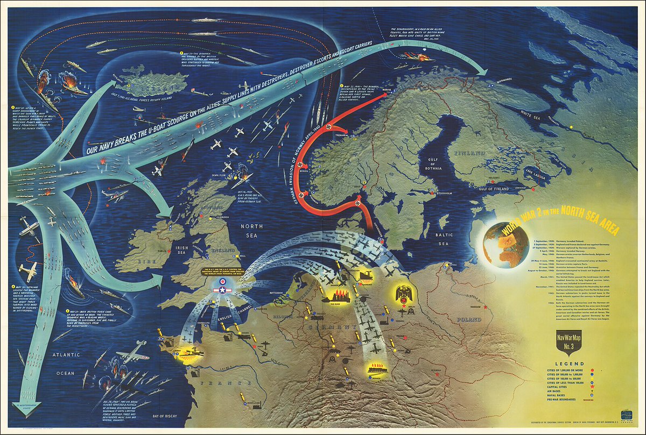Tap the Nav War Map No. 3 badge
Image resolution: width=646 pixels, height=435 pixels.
coord(563,340)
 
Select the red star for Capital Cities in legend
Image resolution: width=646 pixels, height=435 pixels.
coord(591,388)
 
